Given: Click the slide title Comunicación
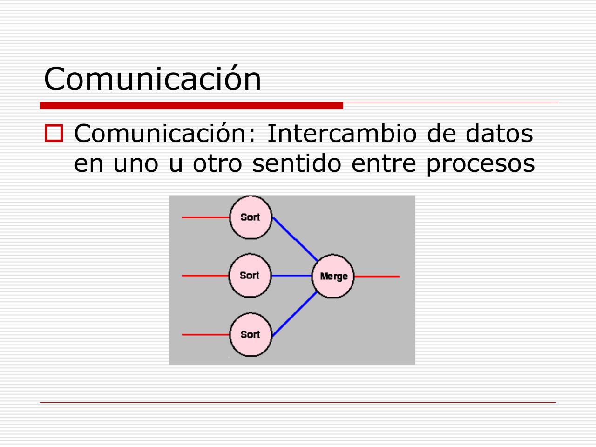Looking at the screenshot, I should tap(152, 78).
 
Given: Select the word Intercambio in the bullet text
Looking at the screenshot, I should tap(342, 134).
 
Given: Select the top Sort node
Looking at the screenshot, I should tap(251, 217).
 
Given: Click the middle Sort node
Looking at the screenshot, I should tap(250, 276).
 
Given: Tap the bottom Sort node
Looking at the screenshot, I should tap(251, 334).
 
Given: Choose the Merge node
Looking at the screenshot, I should tap(333, 276).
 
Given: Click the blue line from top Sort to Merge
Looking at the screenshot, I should tap(295, 239).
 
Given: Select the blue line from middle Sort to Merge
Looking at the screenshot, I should tap(291, 276).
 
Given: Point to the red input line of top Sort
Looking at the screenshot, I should tap(205, 217).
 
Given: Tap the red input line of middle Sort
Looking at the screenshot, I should tap(205, 276).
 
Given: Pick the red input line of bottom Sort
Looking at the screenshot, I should tap(205, 334).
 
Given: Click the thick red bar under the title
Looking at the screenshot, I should tap(191, 106).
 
